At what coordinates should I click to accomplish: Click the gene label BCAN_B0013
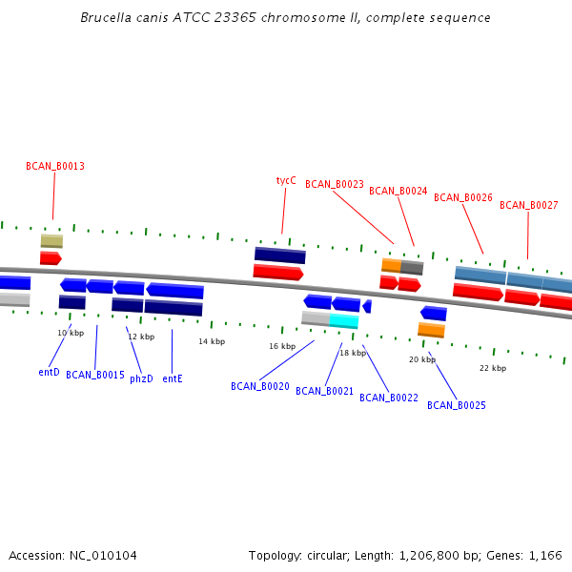pyautogui.click(x=55, y=166)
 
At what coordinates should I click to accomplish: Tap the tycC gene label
pyautogui.click(x=286, y=180)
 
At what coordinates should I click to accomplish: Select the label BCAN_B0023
pyautogui.click(x=335, y=184)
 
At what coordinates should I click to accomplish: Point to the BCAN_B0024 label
pyautogui.click(x=398, y=191)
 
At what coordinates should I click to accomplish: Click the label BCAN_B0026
pyautogui.click(x=463, y=197)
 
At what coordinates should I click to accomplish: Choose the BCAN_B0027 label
pyautogui.click(x=529, y=205)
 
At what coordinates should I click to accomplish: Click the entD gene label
pyautogui.click(x=50, y=372)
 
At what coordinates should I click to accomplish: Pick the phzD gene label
pyautogui.click(x=141, y=378)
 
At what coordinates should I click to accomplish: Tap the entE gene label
pyautogui.click(x=173, y=378)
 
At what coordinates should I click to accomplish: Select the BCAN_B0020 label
pyautogui.click(x=260, y=386)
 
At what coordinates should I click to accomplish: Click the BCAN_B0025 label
pyautogui.click(x=457, y=405)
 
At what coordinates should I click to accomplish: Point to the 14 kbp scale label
pyautogui.click(x=212, y=341)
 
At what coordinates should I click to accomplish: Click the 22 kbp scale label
pyautogui.click(x=493, y=368)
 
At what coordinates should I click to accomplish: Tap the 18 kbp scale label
pyautogui.click(x=353, y=353)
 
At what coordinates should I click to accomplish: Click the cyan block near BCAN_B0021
pyautogui.click(x=344, y=321)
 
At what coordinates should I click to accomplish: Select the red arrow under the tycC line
pyautogui.click(x=278, y=273)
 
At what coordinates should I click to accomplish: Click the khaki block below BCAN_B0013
pyautogui.click(x=51, y=241)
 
